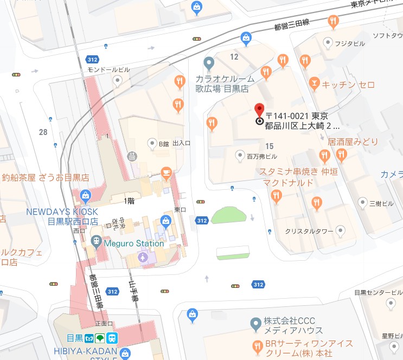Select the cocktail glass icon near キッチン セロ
click(313, 83)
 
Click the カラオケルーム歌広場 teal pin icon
click(207, 63)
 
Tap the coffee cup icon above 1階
click(167, 174)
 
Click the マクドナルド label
click(286, 183)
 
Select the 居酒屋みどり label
click(353, 142)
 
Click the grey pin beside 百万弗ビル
click(240, 156)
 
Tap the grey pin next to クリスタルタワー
click(341, 232)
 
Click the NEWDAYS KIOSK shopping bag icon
click(85, 195)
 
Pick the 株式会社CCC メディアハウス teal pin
click(255, 324)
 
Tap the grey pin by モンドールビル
click(118, 81)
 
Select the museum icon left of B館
click(131, 156)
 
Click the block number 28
click(43, 132)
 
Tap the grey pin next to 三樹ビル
click(362, 203)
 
